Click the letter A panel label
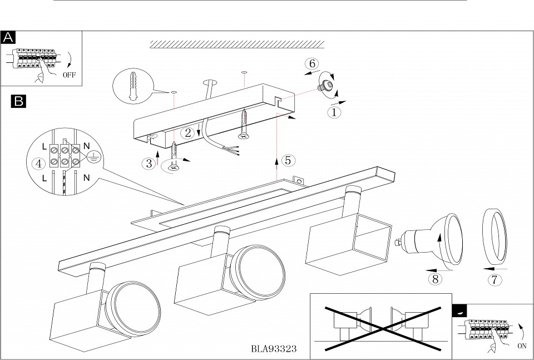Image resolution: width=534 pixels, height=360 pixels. [8, 37]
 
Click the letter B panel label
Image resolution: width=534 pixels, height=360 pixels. [18, 101]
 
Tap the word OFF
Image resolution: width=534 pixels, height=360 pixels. [70, 73]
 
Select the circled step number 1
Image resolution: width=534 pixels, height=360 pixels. [333, 112]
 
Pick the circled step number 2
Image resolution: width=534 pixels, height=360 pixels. [189, 133]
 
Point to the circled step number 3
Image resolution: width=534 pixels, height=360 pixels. [149, 164]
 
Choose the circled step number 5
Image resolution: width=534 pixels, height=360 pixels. [287, 160]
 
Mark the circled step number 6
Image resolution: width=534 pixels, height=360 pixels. [313, 63]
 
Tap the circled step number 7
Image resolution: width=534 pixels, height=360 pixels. [493, 279]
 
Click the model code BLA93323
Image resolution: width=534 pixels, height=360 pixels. [273, 349]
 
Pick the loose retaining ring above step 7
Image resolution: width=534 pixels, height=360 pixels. [494, 237]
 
